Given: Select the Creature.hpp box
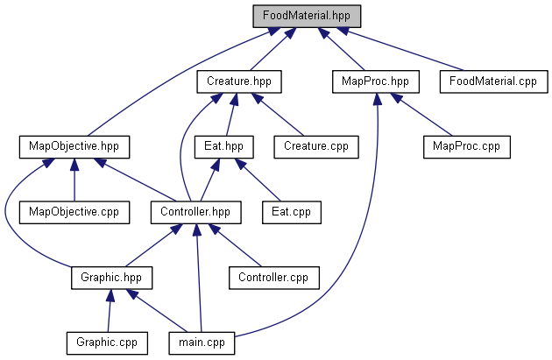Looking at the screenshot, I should click(238, 81).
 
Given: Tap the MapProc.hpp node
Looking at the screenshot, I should click(375, 81).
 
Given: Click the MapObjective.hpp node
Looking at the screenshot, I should click(74, 145).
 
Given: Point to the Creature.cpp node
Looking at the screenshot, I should click(315, 145).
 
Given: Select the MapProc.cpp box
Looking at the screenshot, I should click(465, 145).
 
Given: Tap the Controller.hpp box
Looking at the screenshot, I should click(195, 211).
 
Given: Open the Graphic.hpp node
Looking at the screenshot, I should click(111, 277).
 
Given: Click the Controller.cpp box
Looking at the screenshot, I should click(273, 277).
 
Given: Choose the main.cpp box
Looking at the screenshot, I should click(202, 341).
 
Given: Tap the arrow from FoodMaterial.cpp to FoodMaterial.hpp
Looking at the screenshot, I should click(403, 50).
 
